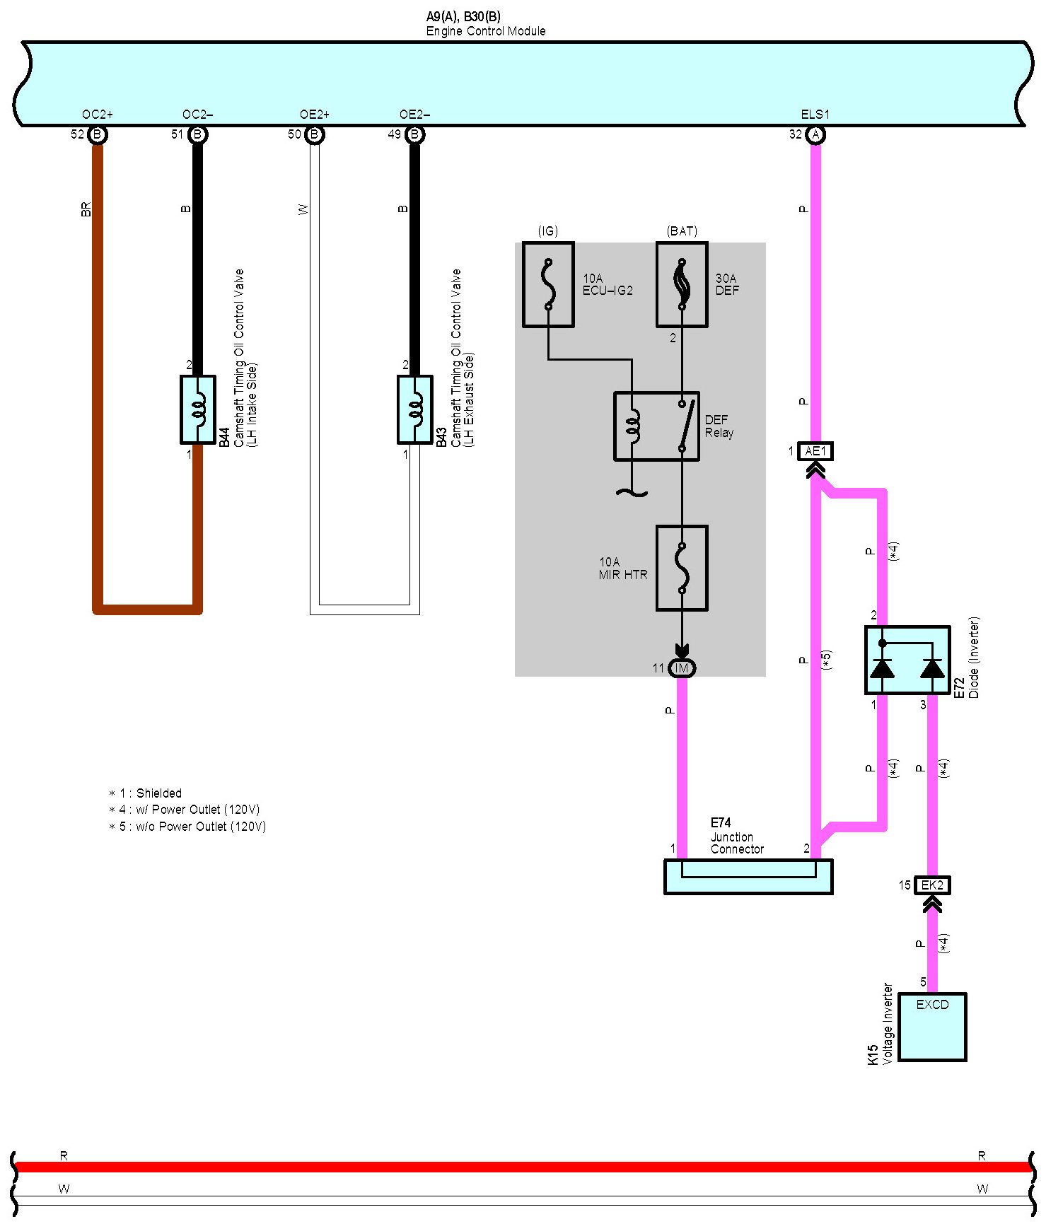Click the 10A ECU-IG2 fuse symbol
tap(548, 285)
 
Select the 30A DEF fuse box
tap(682, 285)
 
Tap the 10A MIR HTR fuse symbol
tap(682, 568)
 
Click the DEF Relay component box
tap(656, 426)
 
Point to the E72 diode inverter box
tap(907, 660)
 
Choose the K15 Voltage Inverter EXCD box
tap(932, 1027)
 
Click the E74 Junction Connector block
tap(748, 877)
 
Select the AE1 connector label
tap(815, 451)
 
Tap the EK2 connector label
tap(932, 885)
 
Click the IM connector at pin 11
tap(682, 668)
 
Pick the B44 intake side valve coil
tap(198, 410)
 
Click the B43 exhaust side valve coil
tap(415, 410)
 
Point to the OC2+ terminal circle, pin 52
tap(98, 134)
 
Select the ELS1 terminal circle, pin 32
tap(815, 134)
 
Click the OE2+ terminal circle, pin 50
tap(315, 134)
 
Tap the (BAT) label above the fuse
tap(682, 231)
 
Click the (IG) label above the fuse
tap(548, 231)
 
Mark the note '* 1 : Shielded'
tap(146, 793)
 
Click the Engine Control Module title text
tap(486, 31)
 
